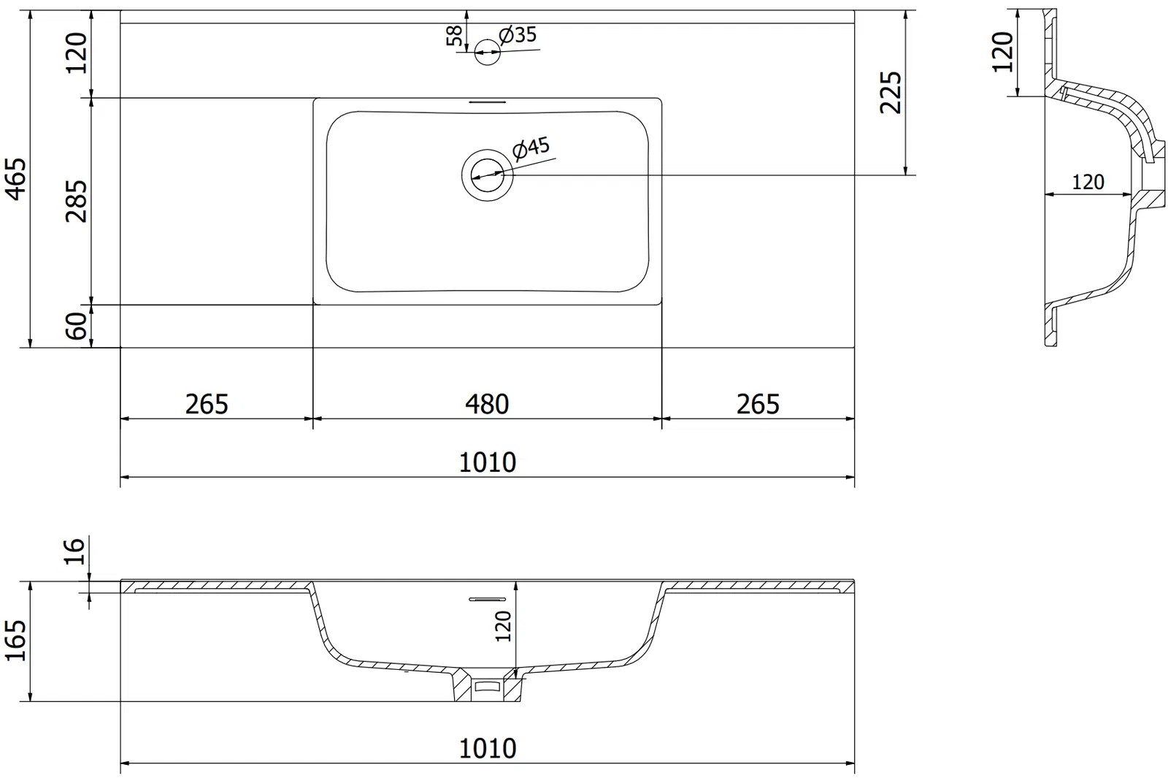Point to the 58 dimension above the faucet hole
(455, 36)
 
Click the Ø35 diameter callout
(518, 35)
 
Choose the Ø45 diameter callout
(531, 148)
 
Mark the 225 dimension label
(891, 92)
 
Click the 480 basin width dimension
(487, 404)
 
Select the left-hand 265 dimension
(207, 404)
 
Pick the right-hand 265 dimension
(758, 404)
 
